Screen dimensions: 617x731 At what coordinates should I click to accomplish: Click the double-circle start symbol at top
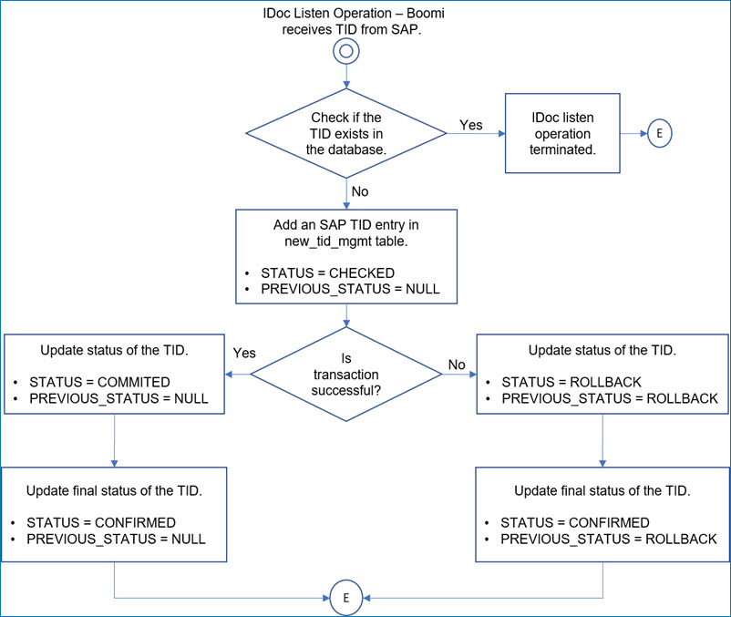click(345, 53)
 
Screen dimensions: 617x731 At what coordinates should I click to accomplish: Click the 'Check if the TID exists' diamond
click(346, 134)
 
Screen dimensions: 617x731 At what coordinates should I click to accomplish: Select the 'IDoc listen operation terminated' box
click(562, 133)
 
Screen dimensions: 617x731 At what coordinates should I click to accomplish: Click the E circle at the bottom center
click(345, 599)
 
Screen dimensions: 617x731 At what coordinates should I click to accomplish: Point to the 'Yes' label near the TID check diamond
click(470, 125)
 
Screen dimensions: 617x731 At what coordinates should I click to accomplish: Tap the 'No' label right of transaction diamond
click(457, 365)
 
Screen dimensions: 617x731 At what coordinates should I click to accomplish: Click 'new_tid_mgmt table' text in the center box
click(346, 241)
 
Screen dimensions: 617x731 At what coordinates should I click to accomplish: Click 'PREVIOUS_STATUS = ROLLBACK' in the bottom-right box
click(607, 539)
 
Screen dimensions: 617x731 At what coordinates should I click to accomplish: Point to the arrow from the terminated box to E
click(632, 133)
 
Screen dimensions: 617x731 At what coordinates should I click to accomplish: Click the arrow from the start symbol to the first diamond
click(345, 77)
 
